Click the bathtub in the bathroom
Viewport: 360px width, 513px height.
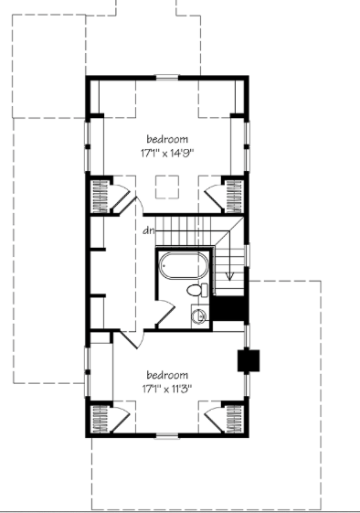point(184,266)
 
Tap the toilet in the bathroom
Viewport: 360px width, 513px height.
point(197,290)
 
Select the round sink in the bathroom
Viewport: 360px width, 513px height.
point(198,316)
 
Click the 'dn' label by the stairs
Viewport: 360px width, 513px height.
point(149,230)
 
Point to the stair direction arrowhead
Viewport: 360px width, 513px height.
point(230,276)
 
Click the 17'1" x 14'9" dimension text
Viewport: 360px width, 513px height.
point(167,153)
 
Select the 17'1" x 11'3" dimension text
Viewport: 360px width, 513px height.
point(167,389)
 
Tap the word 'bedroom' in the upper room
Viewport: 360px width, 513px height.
point(167,139)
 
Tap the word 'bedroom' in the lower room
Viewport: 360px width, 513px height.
point(167,375)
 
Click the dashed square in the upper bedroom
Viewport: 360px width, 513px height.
point(167,187)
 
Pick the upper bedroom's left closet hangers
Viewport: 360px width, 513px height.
point(101,197)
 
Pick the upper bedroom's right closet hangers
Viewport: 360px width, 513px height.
point(235,197)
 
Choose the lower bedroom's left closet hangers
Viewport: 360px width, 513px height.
point(101,419)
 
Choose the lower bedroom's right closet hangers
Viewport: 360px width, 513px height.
point(235,419)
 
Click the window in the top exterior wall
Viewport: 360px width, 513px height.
point(167,78)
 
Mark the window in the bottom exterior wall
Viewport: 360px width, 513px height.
point(167,435)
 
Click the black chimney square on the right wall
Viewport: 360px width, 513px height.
point(249,360)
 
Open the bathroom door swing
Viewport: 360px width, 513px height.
point(165,314)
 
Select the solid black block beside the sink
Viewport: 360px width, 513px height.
point(228,308)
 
